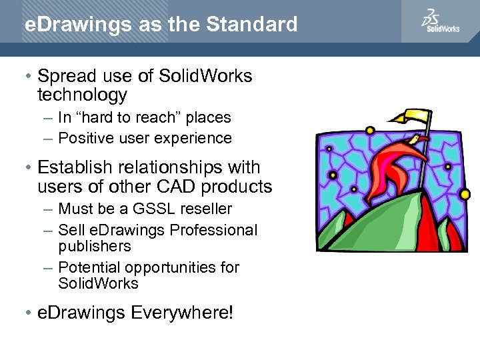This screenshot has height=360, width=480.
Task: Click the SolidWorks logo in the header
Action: click(440, 21)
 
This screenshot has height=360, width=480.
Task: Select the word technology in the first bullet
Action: click(82, 95)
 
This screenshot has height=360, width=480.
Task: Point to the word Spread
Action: click(65, 76)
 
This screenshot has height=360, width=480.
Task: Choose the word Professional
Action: click(213, 230)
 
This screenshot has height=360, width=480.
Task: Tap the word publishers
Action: click(95, 246)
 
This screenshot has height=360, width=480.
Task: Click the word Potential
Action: click(87, 267)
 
